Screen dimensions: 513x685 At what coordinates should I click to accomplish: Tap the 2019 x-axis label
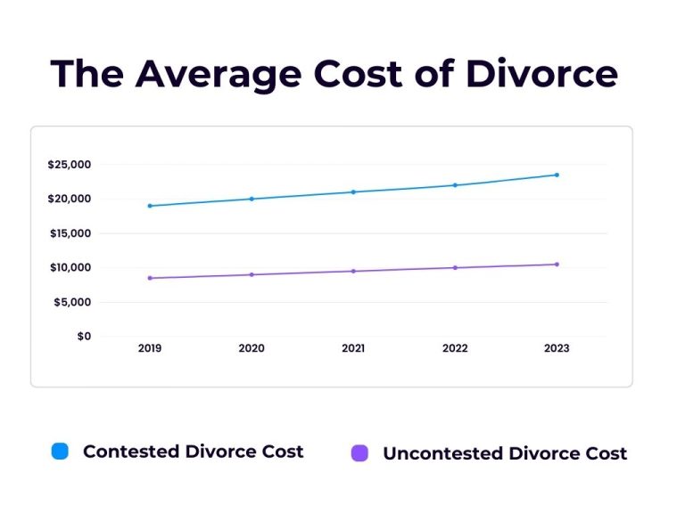pyautogui.click(x=150, y=348)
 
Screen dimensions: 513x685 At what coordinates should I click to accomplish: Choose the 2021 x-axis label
pyautogui.click(x=353, y=348)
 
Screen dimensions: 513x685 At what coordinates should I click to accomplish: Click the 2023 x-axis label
pyautogui.click(x=557, y=348)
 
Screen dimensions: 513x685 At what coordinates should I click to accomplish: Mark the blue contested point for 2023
pyautogui.click(x=557, y=175)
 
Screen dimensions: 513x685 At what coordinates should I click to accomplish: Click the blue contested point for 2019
pyautogui.click(x=150, y=206)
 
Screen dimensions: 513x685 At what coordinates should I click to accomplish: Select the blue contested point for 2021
pyautogui.click(x=353, y=191)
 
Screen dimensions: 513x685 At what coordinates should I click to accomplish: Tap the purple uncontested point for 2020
pyautogui.click(x=252, y=274)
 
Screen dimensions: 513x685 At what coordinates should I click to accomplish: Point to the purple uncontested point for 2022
pyautogui.click(x=455, y=267)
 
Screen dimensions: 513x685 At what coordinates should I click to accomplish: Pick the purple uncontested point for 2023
pyautogui.click(x=557, y=264)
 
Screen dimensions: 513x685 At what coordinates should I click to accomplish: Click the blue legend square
pyautogui.click(x=60, y=452)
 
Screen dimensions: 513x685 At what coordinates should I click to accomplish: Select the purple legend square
pyautogui.click(x=359, y=453)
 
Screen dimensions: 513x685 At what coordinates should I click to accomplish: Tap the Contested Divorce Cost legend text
pyautogui.click(x=194, y=452)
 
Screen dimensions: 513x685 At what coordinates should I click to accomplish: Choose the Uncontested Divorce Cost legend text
pyautogui.click(x=505, y=453)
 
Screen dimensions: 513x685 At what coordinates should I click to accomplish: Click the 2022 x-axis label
pyautogui.click(x=455, y=348)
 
